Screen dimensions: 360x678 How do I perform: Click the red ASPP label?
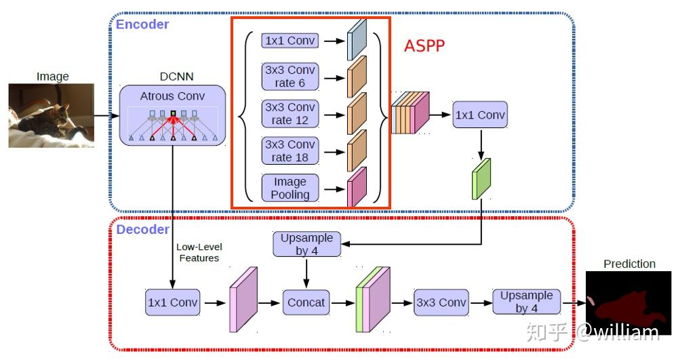pos(424,46)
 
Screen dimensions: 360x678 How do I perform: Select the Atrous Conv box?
pos(172,115)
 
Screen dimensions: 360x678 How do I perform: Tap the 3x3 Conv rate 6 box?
pos(290,77)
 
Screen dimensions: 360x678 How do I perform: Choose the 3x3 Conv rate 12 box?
pos(290,114)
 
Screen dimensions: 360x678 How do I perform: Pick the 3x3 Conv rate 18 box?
pos(290,151)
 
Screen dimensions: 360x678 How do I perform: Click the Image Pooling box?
pos(290,188)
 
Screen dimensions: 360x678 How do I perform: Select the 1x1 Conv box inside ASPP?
pos(290,41)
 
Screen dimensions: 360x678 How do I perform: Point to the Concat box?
pos(306,302)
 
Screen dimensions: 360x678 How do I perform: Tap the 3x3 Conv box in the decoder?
pos(441,302)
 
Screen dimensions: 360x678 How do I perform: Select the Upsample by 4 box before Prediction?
pos(526,302)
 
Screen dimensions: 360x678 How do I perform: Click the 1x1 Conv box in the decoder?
pos(173,302)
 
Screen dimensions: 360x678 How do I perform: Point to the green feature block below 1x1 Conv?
pos(480,178)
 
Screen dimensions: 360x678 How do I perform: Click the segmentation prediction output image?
pos(629,302)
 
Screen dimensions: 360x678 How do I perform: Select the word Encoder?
pos(142,25)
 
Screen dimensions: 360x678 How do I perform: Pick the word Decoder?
pos(142,229)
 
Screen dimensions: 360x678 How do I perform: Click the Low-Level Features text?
pos(199,252)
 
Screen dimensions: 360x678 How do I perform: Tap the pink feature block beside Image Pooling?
pos(357,186)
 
